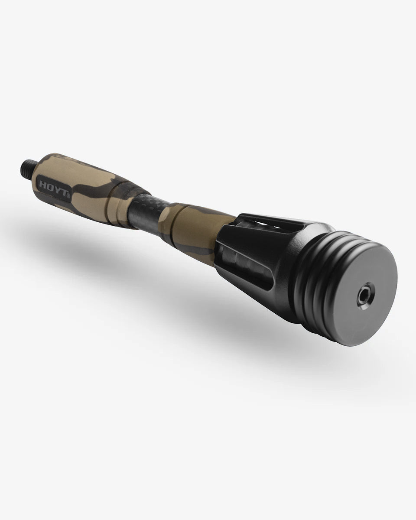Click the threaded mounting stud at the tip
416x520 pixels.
tap(27, 166)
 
